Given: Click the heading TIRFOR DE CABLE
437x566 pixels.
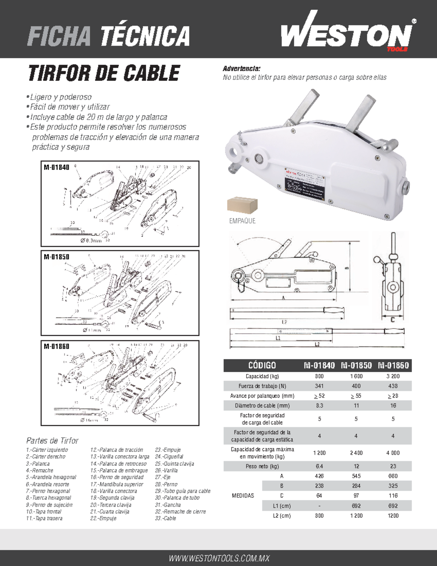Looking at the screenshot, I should click(x=104, y=73).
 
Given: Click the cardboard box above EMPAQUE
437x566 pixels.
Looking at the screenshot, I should click(x=242, y=205).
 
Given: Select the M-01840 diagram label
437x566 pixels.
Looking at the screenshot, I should click(x=56, y=167).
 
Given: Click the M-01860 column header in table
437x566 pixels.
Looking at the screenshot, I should click(x=393, y=365).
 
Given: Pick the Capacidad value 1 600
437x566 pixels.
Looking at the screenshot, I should click(x=356, y=376).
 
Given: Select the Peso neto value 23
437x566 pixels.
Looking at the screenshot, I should click(x=393, y=466).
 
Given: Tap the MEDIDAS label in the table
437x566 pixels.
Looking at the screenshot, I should click(x=243, y=496).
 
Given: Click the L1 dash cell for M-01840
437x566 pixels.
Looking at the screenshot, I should click(x=319, y=506).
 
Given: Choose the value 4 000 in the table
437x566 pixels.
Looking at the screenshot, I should click(x=393, y=453).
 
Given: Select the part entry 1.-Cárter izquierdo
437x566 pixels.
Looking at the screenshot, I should click(x=47, y=450).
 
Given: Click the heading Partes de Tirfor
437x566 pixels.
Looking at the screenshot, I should click(x=52, y=441).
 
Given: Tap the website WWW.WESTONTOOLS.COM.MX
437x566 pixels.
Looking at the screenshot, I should click(x=219, y=558).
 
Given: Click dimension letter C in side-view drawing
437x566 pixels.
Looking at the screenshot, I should click(x=393, y=320).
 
